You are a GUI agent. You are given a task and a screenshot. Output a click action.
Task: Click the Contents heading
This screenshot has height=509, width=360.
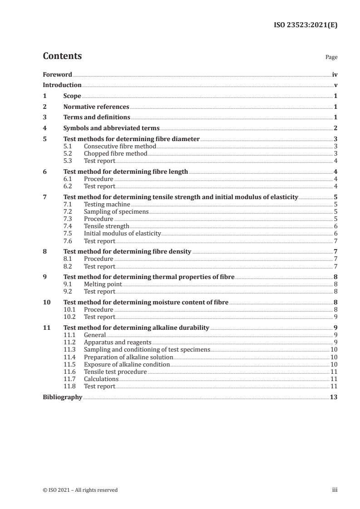[x=62, y=56]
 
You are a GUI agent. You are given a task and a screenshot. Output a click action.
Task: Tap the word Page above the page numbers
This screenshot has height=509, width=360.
[x=331, y=58]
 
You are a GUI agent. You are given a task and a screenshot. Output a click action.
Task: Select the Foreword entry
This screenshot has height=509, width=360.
[x=57, y=74]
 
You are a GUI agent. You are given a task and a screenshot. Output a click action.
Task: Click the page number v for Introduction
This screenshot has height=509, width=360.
[x=335, y=85]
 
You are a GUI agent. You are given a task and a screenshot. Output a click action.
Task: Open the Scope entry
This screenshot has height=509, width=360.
[x=72, y=96]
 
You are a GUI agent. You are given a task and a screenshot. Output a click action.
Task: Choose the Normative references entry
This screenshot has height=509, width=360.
[x=96, y=107]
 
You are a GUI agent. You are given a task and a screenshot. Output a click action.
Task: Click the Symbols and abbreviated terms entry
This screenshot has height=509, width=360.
[x=111, y=128]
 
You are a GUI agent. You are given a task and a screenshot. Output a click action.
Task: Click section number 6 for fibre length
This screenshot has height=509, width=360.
[x=44, y=171]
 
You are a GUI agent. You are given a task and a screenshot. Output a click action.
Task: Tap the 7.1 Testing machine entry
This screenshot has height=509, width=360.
[x=100, y=204]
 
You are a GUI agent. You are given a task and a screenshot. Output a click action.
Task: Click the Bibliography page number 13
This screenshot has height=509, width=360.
[x=333, y=397]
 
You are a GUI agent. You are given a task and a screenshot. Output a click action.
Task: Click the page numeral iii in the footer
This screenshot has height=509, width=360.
[x=335, y=490]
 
